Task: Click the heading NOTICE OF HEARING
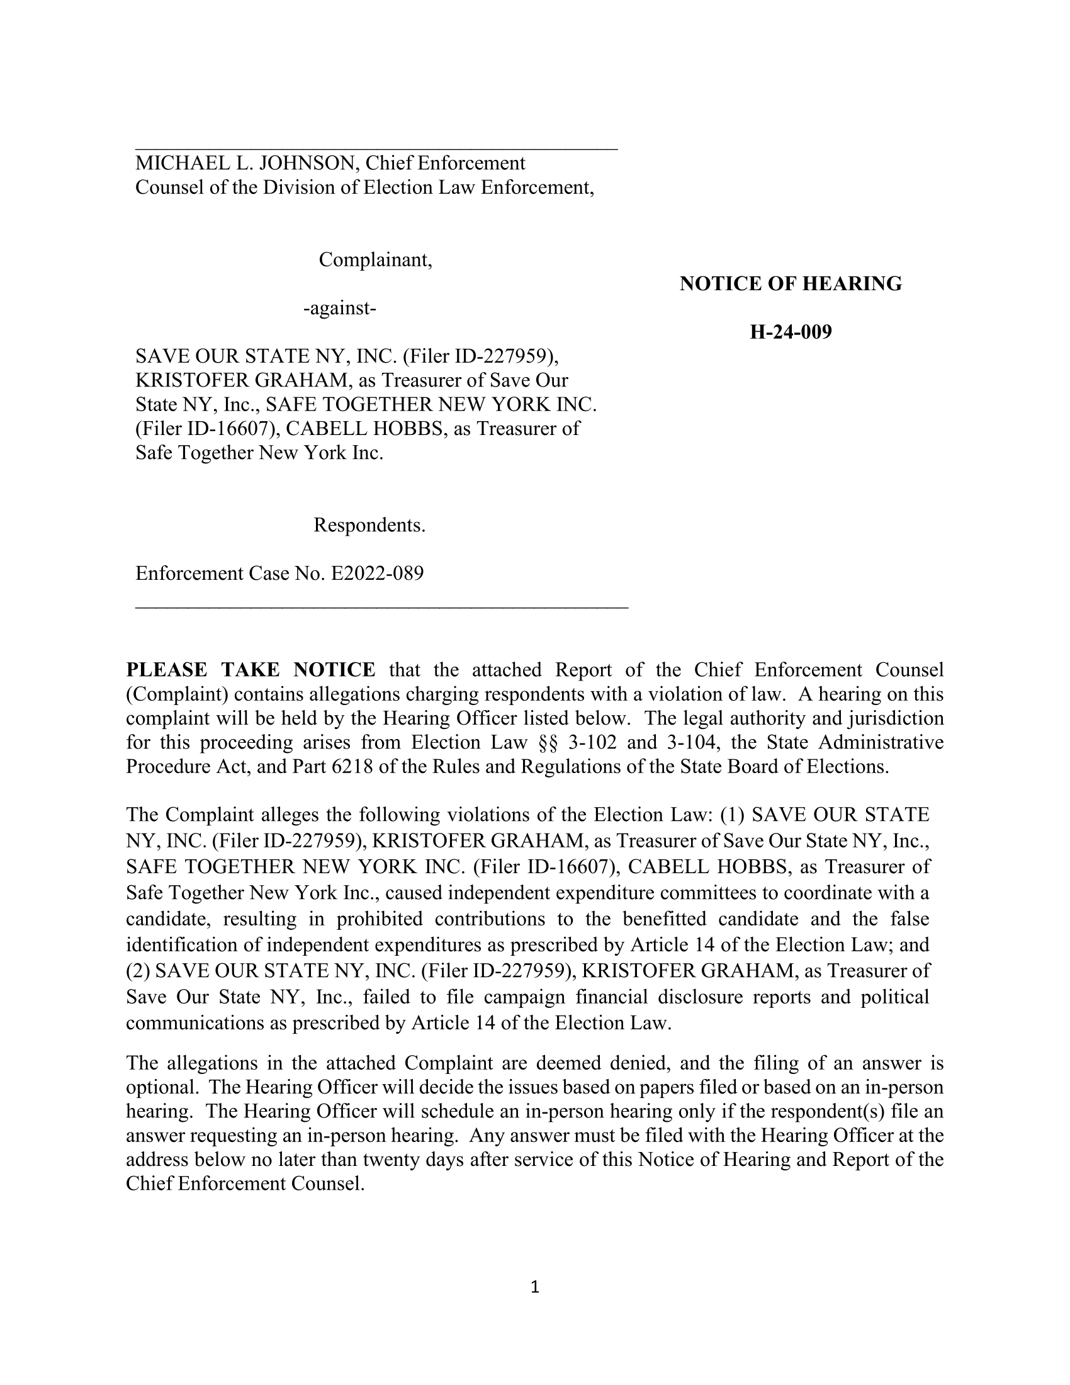[x=791, y=284]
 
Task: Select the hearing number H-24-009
[x=791, y=332]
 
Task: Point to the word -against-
[x=340, y=309]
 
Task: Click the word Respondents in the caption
[x=369, y=526]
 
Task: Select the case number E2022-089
[x=377, y=574]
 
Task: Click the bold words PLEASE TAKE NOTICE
[x=251, y=670]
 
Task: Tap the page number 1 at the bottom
[x=534, y=1287]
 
